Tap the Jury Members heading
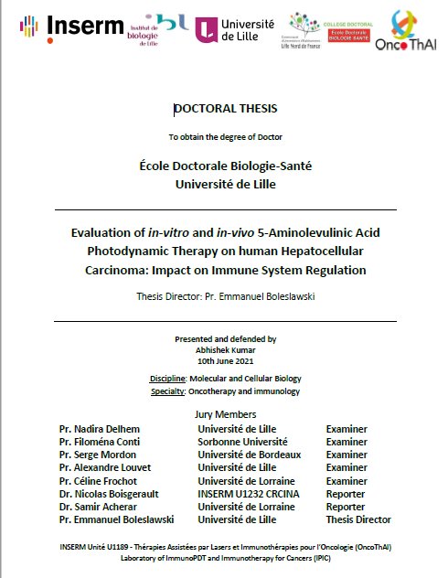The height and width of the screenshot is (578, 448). click(x=226, y=415)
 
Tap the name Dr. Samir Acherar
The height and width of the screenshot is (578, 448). click(x=96, y=507)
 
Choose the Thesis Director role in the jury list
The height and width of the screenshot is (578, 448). click(x=358, y=519)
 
